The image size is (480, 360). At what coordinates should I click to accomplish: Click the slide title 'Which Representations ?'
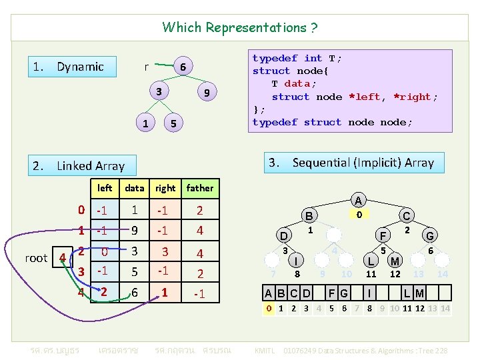coord(240,27)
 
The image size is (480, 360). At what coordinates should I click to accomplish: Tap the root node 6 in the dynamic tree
coord(182,67)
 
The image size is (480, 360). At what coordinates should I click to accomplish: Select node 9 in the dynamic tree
coord(207,93)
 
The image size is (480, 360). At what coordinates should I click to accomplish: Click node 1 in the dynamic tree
coord(146,123)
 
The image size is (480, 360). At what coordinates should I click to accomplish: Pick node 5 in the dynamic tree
coord(173,123)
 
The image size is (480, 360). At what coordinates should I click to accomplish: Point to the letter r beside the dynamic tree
coord(147,67)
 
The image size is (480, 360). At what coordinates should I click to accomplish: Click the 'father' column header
coord(200,189)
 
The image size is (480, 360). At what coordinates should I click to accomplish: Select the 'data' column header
coord(135,189)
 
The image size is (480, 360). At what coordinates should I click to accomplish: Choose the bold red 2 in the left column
coord(104,292)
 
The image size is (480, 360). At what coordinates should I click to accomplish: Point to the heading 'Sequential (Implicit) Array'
coord(363,163)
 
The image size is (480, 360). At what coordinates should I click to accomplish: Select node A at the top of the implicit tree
coord(359,200)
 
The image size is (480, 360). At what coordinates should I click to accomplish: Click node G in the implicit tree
coord(430,235)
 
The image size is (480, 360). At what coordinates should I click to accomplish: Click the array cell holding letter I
coord(369,293)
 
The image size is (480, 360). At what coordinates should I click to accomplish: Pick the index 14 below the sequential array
coord(445,309)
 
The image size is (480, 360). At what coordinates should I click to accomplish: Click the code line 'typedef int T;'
coord(297,59)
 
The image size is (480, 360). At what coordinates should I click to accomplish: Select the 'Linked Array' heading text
coord(91,166)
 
